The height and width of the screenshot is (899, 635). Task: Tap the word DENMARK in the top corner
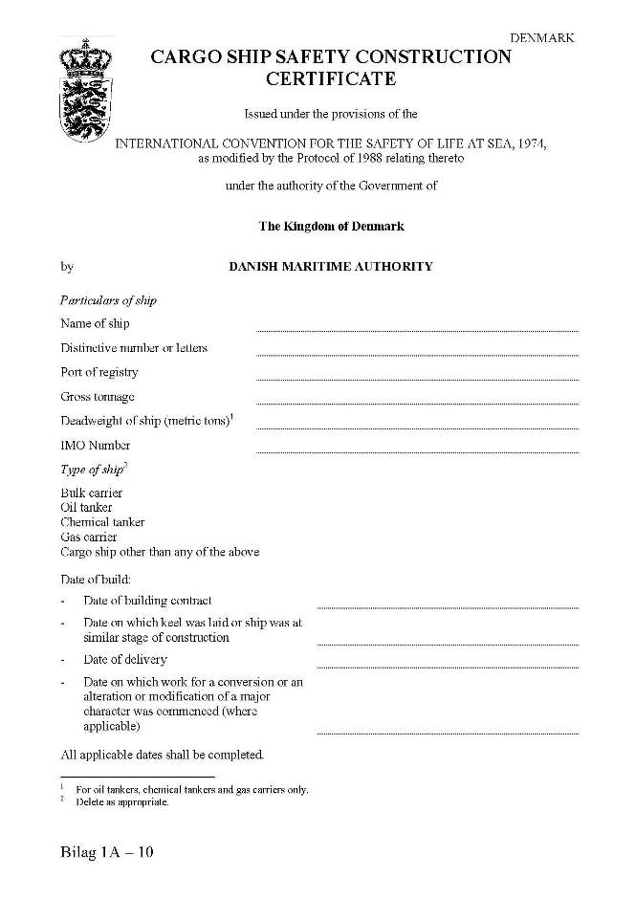[x=542, y=38]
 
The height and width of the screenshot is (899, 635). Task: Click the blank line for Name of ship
[x=417, y=329]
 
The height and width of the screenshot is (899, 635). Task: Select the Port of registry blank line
[x=417, y=378]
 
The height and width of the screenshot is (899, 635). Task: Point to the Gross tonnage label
[x=98, y=396]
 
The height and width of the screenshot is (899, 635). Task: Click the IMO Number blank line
[x=417, y=450]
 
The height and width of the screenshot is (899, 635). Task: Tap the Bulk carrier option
[x=92, y=493]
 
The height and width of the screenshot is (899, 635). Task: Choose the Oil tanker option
[x=86, y=507]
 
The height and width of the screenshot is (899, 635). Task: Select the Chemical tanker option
[x=102, y=522]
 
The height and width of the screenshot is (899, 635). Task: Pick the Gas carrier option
[x=88, y=537]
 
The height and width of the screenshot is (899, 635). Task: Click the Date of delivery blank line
[x=448, y=666]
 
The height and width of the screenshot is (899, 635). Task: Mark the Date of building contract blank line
[x=448, y=606]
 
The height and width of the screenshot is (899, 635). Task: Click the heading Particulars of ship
[x=108, y=300]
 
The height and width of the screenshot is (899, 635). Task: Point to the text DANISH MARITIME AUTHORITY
[x=330, y=267]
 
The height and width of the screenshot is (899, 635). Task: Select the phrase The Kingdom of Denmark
[x=331, y=227]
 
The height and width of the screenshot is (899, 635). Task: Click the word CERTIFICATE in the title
[x=331, y=78]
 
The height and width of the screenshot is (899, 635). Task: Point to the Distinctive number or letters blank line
[x=417, y=354]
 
